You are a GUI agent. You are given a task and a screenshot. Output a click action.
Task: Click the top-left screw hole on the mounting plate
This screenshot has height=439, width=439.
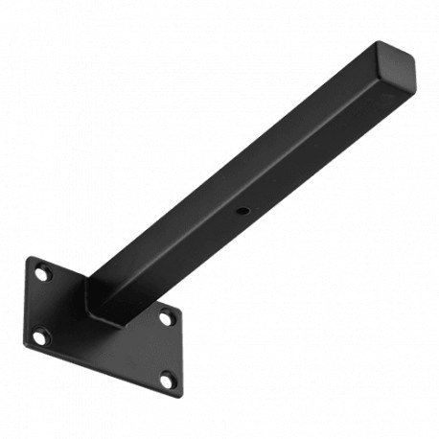(41, 274)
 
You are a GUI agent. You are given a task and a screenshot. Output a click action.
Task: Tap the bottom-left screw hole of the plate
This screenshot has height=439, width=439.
(39, 336)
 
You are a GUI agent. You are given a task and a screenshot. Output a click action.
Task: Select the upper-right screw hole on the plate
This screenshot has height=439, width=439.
(166, 317)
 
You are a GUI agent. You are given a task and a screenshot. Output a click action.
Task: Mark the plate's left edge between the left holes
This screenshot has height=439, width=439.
(27, 305)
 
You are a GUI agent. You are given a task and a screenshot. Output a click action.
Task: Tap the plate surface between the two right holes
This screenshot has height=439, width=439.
(166, 349)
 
